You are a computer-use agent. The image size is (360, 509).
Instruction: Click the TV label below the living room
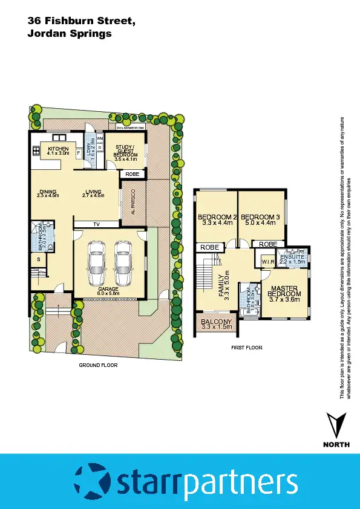pyautogui.click(x=96, y=224)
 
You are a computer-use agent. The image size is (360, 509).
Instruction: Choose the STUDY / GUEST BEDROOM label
pyautogui.click(x=126, y=151)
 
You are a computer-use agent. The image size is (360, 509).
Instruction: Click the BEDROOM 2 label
pyautogui.click(x=216, y=217)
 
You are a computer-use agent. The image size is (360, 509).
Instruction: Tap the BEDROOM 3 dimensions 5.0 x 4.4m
pyautogui.click(x=258, y=223)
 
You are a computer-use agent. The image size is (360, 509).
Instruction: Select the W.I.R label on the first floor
pyautogui.click(x=268, y=262)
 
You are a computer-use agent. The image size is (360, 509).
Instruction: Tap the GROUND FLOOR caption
pyautogui.click(x=98, y=365)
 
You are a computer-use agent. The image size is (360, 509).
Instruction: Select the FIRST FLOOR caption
pyautogui.click(x=247, y=348)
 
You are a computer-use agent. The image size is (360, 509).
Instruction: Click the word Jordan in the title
pyautogui.click(x=46, y=34)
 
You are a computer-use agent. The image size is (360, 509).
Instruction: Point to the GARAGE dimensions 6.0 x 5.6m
pyautogui.click(x=108, y=293)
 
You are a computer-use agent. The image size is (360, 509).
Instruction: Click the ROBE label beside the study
pyautogui.click(x=133, y=174)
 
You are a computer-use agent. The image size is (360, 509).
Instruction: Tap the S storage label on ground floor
pyautogui.click(x=38, y=260)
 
